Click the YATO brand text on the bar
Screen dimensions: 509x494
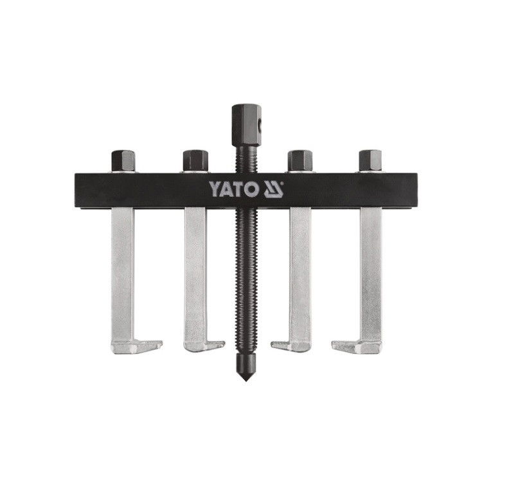tap(233, 189)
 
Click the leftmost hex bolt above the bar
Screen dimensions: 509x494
tap(123, 161)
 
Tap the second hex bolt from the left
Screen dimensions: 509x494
tap(195, 161)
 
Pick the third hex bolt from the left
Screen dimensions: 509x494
tap(300, 161)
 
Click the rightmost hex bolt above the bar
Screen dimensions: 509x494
tap(370, 161)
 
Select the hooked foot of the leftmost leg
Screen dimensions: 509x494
tap(136, 347)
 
